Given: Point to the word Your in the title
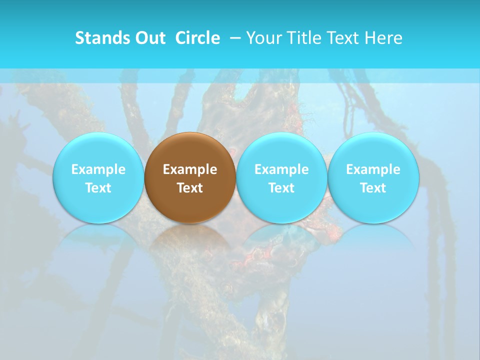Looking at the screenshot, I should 263,38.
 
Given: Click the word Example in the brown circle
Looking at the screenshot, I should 190,169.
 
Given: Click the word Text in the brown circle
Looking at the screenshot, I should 190,188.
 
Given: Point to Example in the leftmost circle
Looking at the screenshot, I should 98,169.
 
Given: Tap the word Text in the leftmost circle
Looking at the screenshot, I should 98,188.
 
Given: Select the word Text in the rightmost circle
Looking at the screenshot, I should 373,188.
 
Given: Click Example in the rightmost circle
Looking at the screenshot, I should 373,169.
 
